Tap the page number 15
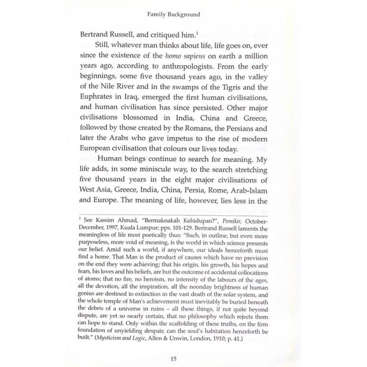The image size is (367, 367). [173, 358]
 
